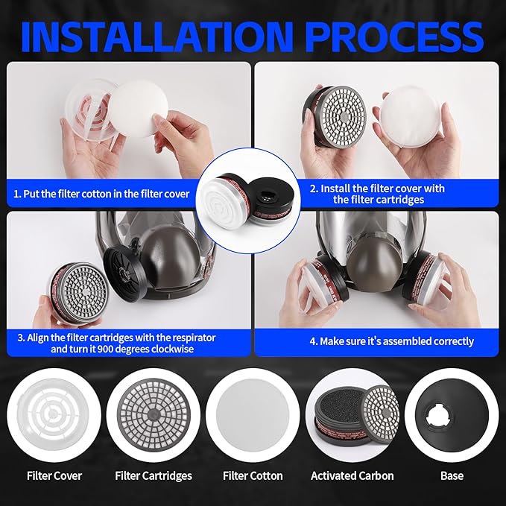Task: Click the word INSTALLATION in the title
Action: tap(156, 37)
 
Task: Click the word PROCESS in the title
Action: tap(396, 37)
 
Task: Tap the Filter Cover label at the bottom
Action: tap(54, 475)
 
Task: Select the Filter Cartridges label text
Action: tap(154, 475)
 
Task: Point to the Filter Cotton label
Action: tap(253, 475)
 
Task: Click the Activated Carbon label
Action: tap(352, 475)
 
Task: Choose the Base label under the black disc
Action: tap(452, 475)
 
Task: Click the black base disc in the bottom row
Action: tap(452, 414)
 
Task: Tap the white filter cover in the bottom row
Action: tap(53, 414)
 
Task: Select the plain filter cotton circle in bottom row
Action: tap(253, 414)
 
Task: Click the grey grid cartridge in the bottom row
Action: tap(154, 414)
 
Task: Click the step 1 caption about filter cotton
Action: tap(101, 194)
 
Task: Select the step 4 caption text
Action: tap(392, 341)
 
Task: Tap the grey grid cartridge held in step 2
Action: tap(335, 115)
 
